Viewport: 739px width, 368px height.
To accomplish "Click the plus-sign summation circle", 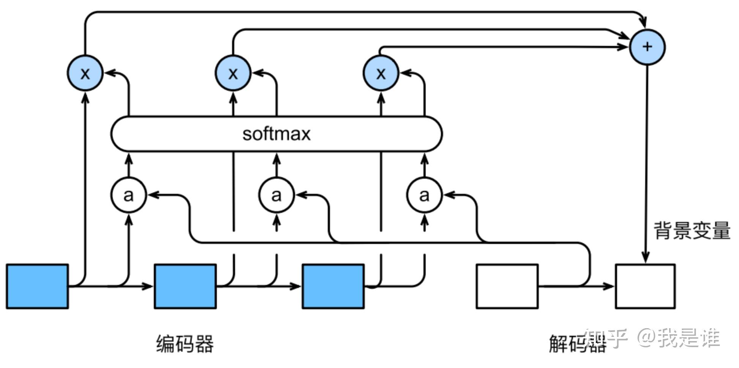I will [647, 47].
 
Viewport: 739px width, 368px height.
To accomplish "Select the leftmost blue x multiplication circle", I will [85, 73].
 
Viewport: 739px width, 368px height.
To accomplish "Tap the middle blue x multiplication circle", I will [233, 73].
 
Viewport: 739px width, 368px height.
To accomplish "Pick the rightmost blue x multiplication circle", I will [381, 73].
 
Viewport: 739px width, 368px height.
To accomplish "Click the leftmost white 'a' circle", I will [128, 195].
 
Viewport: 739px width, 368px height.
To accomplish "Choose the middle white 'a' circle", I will [276, 195].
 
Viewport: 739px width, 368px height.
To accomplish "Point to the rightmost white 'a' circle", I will [424, 195].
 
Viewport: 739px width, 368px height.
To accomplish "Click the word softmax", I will [276, 134].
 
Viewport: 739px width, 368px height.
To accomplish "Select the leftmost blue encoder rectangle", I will [37, 286].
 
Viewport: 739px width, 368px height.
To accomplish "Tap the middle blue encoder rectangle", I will [185, 286].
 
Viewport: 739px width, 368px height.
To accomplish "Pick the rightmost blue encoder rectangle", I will [333, 286].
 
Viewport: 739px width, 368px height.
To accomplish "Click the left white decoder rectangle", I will [507, 286].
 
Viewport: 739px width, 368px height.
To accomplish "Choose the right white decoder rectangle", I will [645, 286].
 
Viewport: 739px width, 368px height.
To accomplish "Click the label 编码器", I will [185, 343].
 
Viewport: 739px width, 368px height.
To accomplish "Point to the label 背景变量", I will [692, 230].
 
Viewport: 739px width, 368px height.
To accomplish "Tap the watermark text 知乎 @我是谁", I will [652, 338].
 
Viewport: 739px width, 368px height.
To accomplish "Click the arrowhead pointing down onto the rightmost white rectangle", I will [646, 258].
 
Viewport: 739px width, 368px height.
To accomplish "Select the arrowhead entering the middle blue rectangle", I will [148, 286].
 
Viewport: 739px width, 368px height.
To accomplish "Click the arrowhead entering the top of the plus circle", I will [643, 23].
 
